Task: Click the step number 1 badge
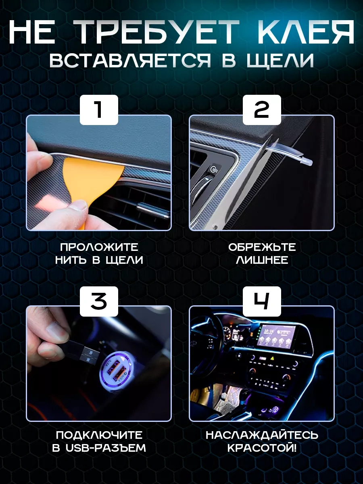tap(99, 110)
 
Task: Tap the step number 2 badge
tap(262, 110)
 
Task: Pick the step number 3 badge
tap(99, 301)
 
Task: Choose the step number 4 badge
tap(262, 301)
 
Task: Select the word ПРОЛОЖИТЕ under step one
tap(99, 247)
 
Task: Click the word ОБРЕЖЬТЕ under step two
tap(262, 247)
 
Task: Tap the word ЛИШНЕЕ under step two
tap(262, 260)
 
